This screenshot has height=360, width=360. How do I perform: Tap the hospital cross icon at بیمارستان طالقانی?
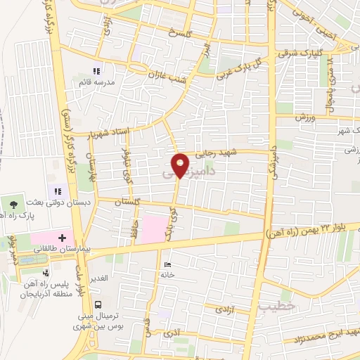coord(63,238)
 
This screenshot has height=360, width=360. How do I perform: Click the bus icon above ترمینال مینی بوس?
coord(98,305)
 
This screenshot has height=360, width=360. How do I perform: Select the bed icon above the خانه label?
coord(166,264)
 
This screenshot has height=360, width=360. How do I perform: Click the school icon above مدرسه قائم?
coord(97,71)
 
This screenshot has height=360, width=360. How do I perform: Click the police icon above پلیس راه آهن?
coord(46,272)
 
